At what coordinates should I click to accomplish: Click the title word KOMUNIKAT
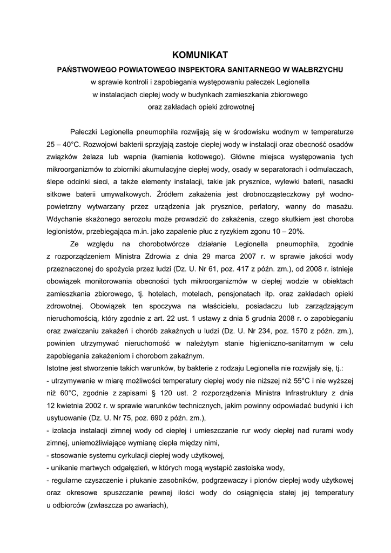(x=200, y=55)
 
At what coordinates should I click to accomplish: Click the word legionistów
(x=64, y=232)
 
